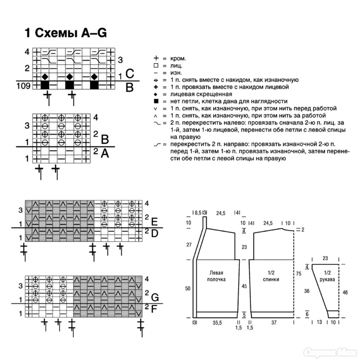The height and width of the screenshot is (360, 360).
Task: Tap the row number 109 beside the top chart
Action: (x=24, y=85)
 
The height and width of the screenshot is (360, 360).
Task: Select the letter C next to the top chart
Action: (x=130, y=74)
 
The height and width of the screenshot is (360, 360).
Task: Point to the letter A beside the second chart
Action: (x=104, y=153)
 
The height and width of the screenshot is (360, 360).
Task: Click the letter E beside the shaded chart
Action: (x=154, y=222)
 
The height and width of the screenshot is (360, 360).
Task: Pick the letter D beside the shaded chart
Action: (x=154, y=233)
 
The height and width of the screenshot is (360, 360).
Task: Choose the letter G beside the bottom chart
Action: (x=154, y=297)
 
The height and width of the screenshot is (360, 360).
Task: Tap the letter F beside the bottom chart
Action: (x=154, y=309)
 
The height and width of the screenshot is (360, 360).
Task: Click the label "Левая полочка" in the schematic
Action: (x=217, y=276)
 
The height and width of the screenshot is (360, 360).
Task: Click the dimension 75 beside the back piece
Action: (x=299, y=274)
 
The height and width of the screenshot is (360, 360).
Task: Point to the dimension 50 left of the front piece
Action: (x=188, y=289)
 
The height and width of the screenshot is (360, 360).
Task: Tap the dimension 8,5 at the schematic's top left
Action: (x=196, y=212)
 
